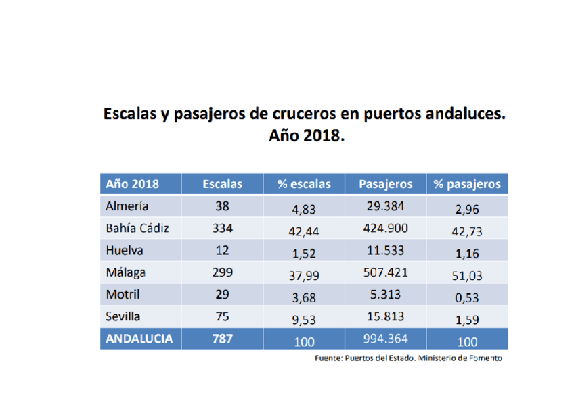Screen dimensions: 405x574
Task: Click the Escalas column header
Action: point(222,184)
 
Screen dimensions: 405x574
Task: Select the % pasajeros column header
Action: point(467,184)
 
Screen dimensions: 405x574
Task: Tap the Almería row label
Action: point(127,206)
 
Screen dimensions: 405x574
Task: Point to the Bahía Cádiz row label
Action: point(137,229)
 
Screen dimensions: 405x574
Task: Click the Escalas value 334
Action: point(222,229)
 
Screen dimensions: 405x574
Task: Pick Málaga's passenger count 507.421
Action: point(385,273)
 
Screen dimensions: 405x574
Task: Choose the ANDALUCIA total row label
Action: point(139,339)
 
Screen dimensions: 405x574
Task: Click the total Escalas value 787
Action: point(222,339)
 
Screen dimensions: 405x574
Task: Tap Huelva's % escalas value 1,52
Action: point(304,254)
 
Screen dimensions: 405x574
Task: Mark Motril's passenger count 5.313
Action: point(385,295)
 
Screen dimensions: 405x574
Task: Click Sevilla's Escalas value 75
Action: point(222,316)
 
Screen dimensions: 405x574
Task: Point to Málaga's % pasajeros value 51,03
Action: point(467,277)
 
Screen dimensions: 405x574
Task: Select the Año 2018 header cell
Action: point(132,184)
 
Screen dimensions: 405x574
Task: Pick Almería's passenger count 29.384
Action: point(385,206)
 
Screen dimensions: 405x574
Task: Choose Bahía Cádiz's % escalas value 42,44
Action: point(304,232)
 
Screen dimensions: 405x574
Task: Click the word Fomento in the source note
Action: point(486,358)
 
